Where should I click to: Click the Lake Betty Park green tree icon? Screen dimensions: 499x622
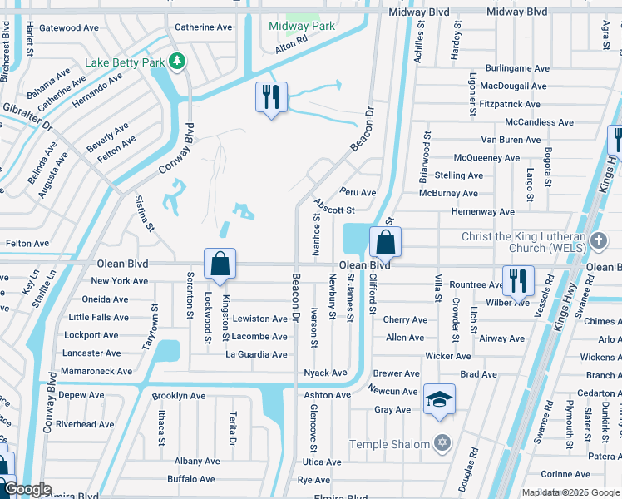[x=175, y=61]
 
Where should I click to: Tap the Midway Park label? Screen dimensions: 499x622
[x=302, y=26]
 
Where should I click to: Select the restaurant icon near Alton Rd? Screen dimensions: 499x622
[x=271, y=98]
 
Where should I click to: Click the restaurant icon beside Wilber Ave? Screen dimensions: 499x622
[x=518, y=281]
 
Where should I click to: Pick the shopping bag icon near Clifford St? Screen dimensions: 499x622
[x=385, y=243]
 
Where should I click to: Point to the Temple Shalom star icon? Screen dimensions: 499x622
[x=442, y=444]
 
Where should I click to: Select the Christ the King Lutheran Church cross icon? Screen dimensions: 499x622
[x=599, y=242]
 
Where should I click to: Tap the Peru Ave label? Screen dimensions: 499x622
[x=358, y=193]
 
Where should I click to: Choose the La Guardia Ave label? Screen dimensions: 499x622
[x=257, y=355]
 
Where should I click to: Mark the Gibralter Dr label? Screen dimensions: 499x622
[x=27, y=121]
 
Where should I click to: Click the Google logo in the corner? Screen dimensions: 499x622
[x=27, y=489]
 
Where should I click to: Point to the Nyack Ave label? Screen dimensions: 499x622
[x=326, y=373]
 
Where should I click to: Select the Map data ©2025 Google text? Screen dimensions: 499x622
[x=570, y=492]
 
